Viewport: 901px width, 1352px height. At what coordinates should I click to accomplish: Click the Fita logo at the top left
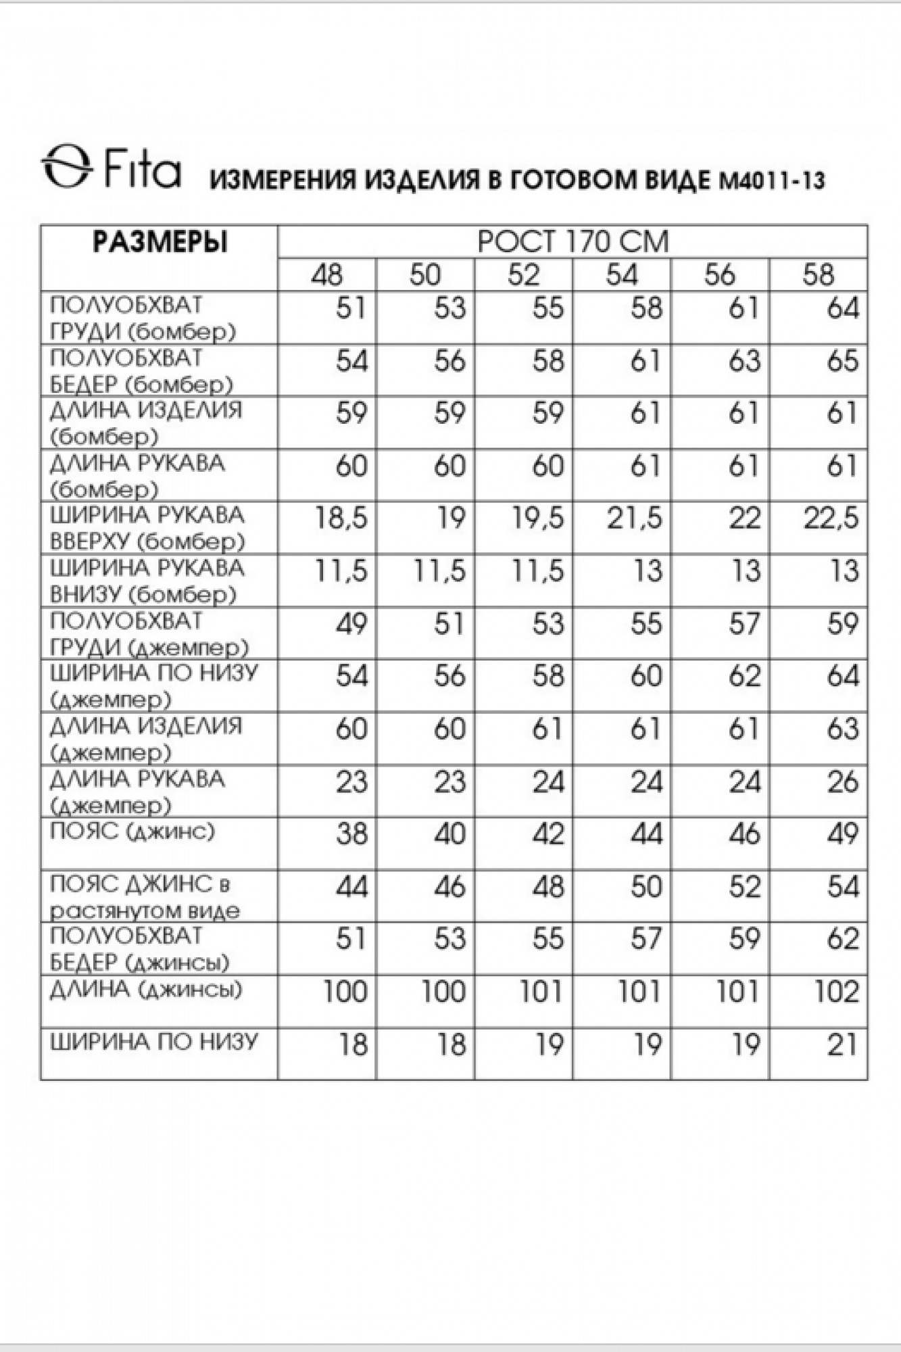(x=112, y=167)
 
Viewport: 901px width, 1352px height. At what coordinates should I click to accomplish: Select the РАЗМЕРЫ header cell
(x=160, y=242)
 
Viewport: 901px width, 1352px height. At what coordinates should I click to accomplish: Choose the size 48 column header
(x=327, y=275)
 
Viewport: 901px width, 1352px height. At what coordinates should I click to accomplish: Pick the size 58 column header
(x=819, y=275)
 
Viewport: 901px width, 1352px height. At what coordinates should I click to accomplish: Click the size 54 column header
(x=622, y=275)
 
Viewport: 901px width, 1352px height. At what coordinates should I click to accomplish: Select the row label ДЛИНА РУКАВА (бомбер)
(x=137, y=476)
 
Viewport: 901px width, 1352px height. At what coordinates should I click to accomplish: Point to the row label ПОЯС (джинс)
(x=132, y=831)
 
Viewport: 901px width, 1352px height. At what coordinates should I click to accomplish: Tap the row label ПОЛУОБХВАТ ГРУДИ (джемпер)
(x=149, y=634)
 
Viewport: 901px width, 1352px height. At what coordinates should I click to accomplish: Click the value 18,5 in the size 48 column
(x=341, y=519)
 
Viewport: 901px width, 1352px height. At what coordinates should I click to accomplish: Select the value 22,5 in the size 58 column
(x=831, y=519)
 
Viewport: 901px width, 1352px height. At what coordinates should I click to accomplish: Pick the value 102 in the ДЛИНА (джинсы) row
(x=836, y=992)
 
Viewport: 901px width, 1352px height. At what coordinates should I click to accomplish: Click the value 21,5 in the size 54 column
(x=635, y=519)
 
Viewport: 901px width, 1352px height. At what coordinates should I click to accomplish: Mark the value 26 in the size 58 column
(x=842, y=782)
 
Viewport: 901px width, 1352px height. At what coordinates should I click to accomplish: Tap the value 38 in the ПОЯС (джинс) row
(x=351, y=835)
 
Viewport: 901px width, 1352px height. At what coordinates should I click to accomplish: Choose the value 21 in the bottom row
(x=843, y=1045)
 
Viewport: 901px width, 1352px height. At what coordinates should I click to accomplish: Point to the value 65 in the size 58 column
(x=842, y=361)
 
